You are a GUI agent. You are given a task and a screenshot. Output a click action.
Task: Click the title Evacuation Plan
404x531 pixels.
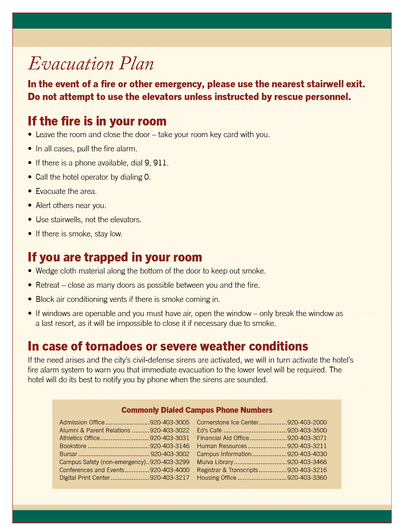91,64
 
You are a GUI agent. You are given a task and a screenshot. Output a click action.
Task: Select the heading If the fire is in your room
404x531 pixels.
97,121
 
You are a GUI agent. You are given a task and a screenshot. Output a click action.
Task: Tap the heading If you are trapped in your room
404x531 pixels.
115,257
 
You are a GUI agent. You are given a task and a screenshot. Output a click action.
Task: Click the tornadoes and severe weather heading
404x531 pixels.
168,346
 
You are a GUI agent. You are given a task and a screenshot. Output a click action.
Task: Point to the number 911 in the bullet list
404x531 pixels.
160,163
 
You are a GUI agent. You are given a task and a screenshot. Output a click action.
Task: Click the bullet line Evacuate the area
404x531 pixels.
66,191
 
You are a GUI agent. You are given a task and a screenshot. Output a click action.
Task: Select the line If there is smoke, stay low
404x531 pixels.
79,234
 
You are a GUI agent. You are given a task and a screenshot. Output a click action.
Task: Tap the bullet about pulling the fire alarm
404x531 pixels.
86,149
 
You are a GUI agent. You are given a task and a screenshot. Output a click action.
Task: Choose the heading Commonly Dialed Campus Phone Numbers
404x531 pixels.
197,410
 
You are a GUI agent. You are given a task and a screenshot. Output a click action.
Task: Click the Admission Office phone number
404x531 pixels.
170,423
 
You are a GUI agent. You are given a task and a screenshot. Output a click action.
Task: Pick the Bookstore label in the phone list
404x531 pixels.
73,446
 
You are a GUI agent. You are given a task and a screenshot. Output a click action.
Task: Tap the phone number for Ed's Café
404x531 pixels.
307,431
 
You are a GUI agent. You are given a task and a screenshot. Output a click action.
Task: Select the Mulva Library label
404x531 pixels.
215,462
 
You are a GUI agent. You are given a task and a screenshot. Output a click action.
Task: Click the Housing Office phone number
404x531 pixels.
307,478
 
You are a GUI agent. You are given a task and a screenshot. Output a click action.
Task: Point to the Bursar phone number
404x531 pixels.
170,454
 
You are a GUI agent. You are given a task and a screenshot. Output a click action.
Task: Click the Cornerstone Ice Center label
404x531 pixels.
227,423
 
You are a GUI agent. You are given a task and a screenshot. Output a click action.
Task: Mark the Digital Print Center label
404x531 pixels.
85,478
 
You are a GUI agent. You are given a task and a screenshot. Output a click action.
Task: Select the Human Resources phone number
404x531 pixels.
307,446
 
